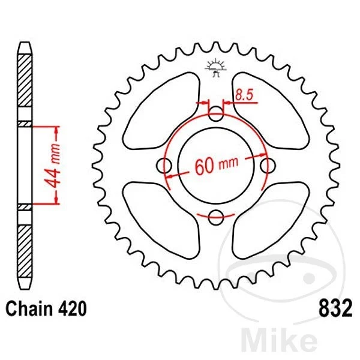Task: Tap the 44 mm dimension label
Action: click(x=55, y=166)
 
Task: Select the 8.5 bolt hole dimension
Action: click(x=243, y=94)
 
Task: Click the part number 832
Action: click(x=329, y=309)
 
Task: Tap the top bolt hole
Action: click(x=216, y=112)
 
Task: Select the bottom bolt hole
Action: click(x=216, y=217)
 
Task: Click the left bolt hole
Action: click(x=163, y=165)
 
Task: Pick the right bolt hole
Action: click(x=269, y=165)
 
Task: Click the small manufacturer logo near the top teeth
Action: click(x=215, y=67)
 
